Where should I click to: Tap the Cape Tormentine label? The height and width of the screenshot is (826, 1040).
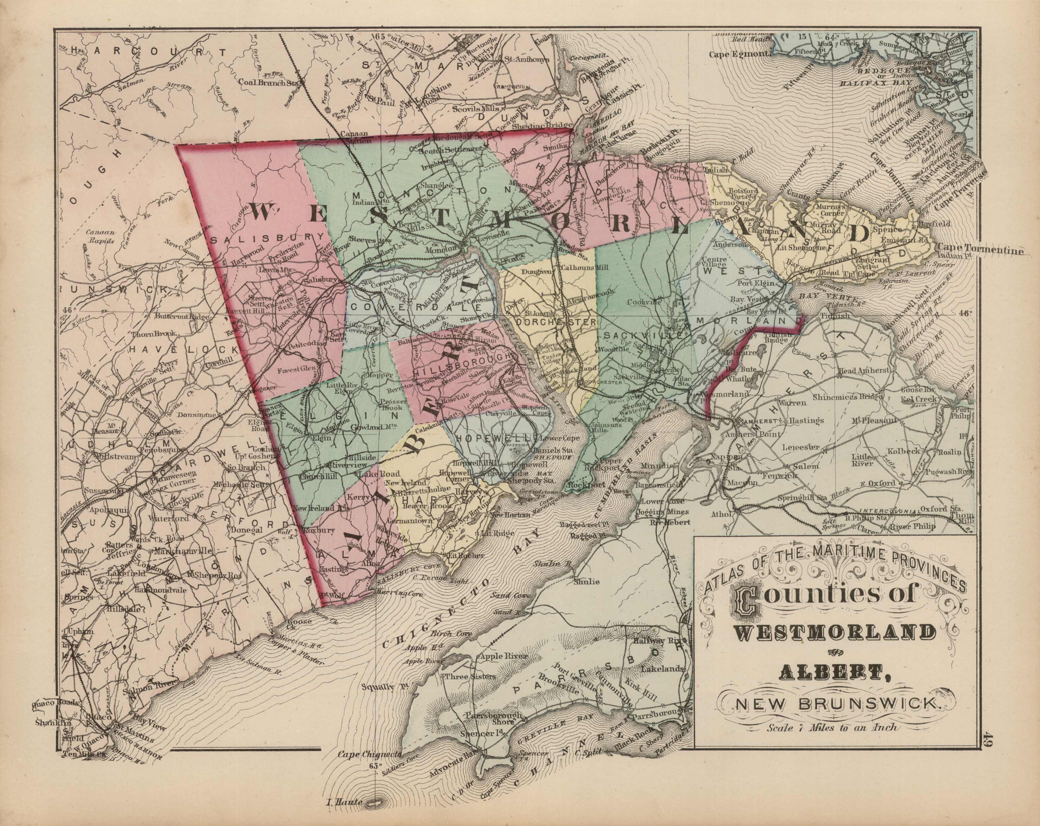[979, 250]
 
